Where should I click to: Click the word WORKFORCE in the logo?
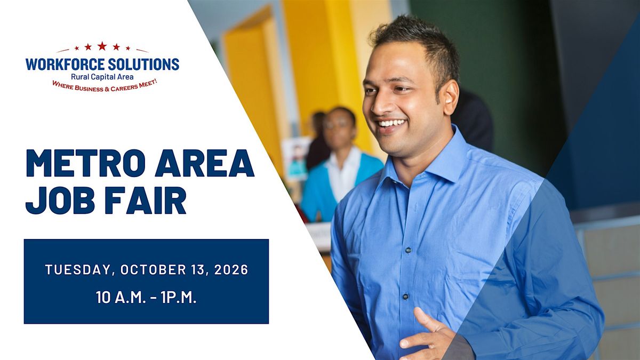tap(64, 65)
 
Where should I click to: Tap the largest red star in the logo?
tap(102, 46)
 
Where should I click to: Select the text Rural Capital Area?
tap(102, 77)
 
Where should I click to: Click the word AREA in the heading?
tap(205, 163)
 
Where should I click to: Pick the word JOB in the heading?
tap(60, 201)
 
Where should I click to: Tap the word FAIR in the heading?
tap(146, 201)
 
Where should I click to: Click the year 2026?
tap(231, 270)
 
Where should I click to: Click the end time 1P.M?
tap(179, 298)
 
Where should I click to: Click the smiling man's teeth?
tap(391, 123)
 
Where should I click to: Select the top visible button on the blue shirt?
tap(409, 250)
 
